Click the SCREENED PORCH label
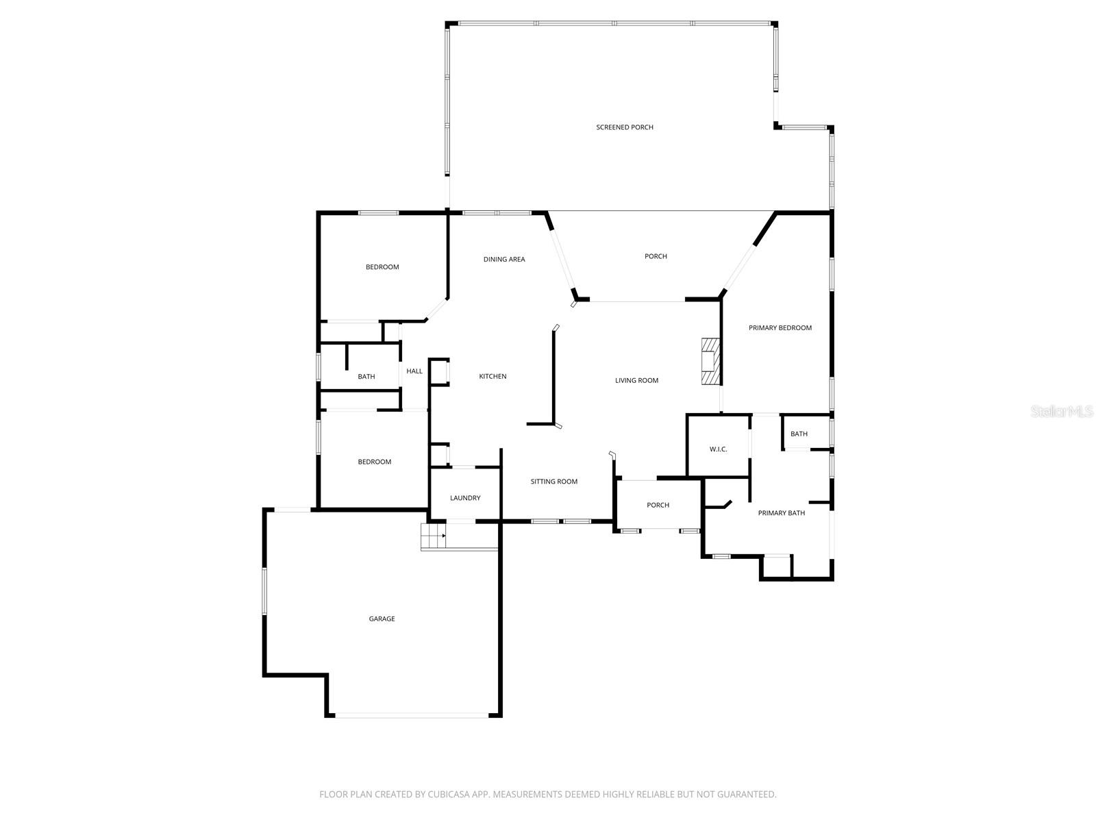click(624, 127)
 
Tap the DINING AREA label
click(504, 260)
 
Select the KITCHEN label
click(493, 377)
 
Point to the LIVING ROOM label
click(636, 381)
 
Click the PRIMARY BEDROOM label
click(780, 328)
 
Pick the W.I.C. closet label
click(718, 449)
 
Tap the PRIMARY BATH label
click(781, 513)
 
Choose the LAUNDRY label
click(465, 498)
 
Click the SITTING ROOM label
click(553, 482)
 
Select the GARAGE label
click(382, 619)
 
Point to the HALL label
click(414, 371)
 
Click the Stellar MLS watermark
click(1061, 412)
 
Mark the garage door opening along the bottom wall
click(412, 716)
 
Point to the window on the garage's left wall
click(264, 590)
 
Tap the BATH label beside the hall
click(366, 377)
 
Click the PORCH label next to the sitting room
click(658, 506)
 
